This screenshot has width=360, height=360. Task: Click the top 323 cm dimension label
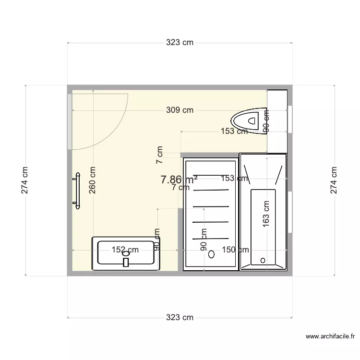click(180, 43)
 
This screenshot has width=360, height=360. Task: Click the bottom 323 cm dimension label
click(180, 317)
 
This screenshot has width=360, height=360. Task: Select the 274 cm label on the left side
click(25, 180)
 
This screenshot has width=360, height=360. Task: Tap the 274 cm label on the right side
click(334, 180)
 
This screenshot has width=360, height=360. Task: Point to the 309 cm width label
click(180, 110)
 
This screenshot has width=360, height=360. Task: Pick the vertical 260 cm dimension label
click(93, 180)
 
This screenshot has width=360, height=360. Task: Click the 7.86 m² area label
click(179, 180)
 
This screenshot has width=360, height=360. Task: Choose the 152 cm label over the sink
click(125, 250)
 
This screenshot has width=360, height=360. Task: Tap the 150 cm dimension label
click(235, 250)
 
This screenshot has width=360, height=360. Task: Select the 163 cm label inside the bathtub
click(266, 214)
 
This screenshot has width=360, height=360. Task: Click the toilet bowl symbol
click(246, 119)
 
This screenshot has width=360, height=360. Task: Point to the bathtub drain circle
click(263, 260)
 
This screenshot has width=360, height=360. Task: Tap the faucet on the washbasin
click(126, 262)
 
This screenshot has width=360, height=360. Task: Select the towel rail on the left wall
click(76, 192)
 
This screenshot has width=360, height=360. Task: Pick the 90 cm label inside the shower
click(204, 240)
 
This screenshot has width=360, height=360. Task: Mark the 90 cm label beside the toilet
click(266, 121)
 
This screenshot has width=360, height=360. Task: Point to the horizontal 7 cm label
click(181, 188)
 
